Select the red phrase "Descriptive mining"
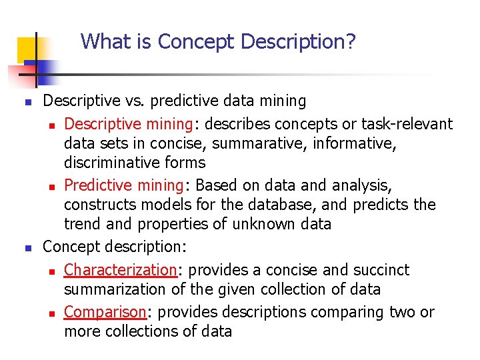tap(122, 124)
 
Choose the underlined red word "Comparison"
tap(105, 312)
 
